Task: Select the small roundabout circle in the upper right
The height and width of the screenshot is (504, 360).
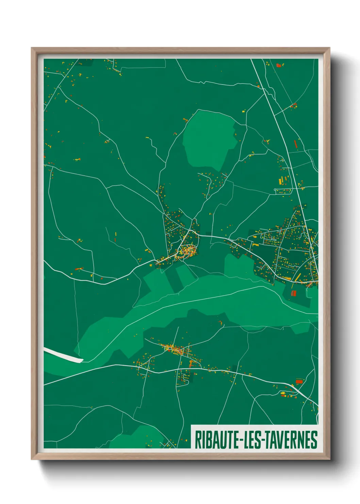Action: [275, 189]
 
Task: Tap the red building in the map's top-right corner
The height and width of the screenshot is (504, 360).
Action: [279, 65]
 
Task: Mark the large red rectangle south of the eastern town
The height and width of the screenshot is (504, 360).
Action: [294, 293]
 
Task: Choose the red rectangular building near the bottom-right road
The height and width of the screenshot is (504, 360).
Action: [299, 382]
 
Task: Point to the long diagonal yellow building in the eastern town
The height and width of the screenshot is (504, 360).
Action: [297, 277]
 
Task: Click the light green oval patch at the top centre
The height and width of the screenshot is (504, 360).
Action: [209, 140]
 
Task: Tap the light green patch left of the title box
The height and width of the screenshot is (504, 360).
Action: [136, 438]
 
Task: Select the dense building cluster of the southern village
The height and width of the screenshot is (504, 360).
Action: [174, 349]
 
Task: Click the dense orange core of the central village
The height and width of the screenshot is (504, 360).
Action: [188, 251]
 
